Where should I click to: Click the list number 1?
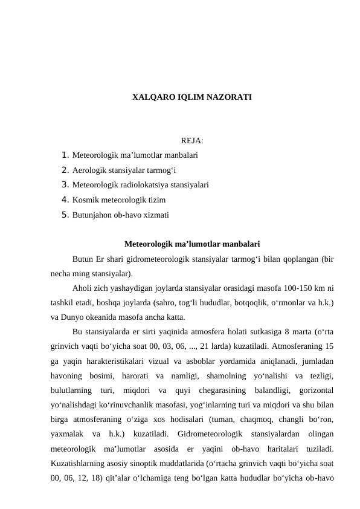(x=65, y=155)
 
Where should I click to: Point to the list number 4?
(x=65, y=199)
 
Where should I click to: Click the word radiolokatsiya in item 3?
(x=144, y=185)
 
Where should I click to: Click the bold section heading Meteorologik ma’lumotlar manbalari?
(x=192, y=244)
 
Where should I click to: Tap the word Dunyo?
(x=71, y=317)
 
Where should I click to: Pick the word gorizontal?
(x=313, y=391)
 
